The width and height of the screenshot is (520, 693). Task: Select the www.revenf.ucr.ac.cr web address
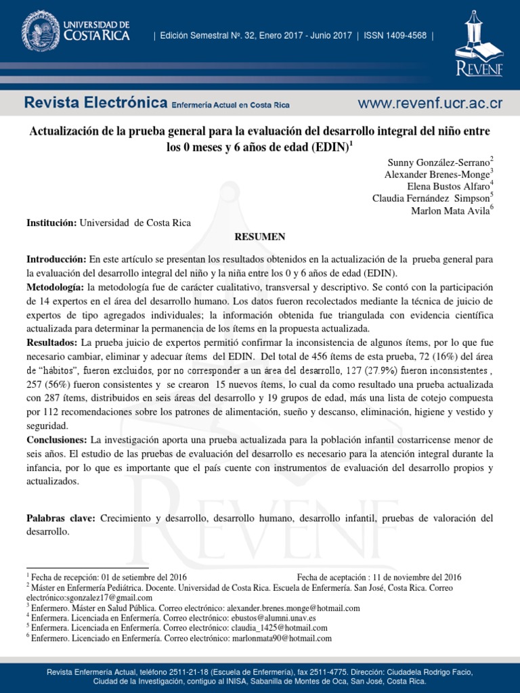coord(430,104)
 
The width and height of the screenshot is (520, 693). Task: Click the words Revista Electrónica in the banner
coord(95,104)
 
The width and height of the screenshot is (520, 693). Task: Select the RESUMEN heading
coord(259,236)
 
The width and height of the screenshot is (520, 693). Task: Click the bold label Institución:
coord(52,223)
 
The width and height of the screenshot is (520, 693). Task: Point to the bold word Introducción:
coord(56,260)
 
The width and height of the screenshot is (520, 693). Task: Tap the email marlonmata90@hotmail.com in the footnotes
coord(282,638)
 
